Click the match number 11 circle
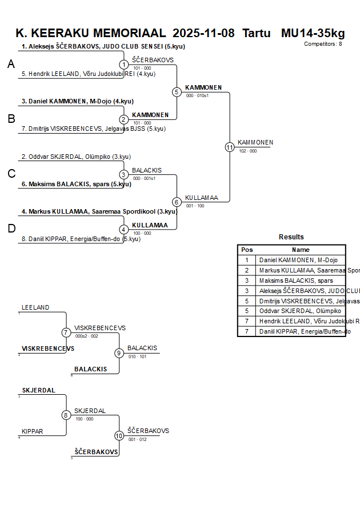point(230,147)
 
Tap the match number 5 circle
point(177,92)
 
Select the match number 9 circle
point(119,353)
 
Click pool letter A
point(11,65)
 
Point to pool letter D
point(11,229)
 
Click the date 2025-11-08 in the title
point(203,33)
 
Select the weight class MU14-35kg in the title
point(313,33)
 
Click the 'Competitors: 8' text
point(323,44)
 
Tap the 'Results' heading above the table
point(291,237)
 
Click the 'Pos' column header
point(247,250)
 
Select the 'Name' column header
point(301,250)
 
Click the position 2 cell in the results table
point(247,270)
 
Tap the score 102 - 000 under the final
point(248,151)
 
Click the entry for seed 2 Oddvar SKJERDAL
point(76,157)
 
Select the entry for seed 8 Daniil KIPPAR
point(80,239)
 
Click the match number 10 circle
point(119,435)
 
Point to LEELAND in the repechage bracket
point(35,307)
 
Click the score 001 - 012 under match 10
point(137,439)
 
